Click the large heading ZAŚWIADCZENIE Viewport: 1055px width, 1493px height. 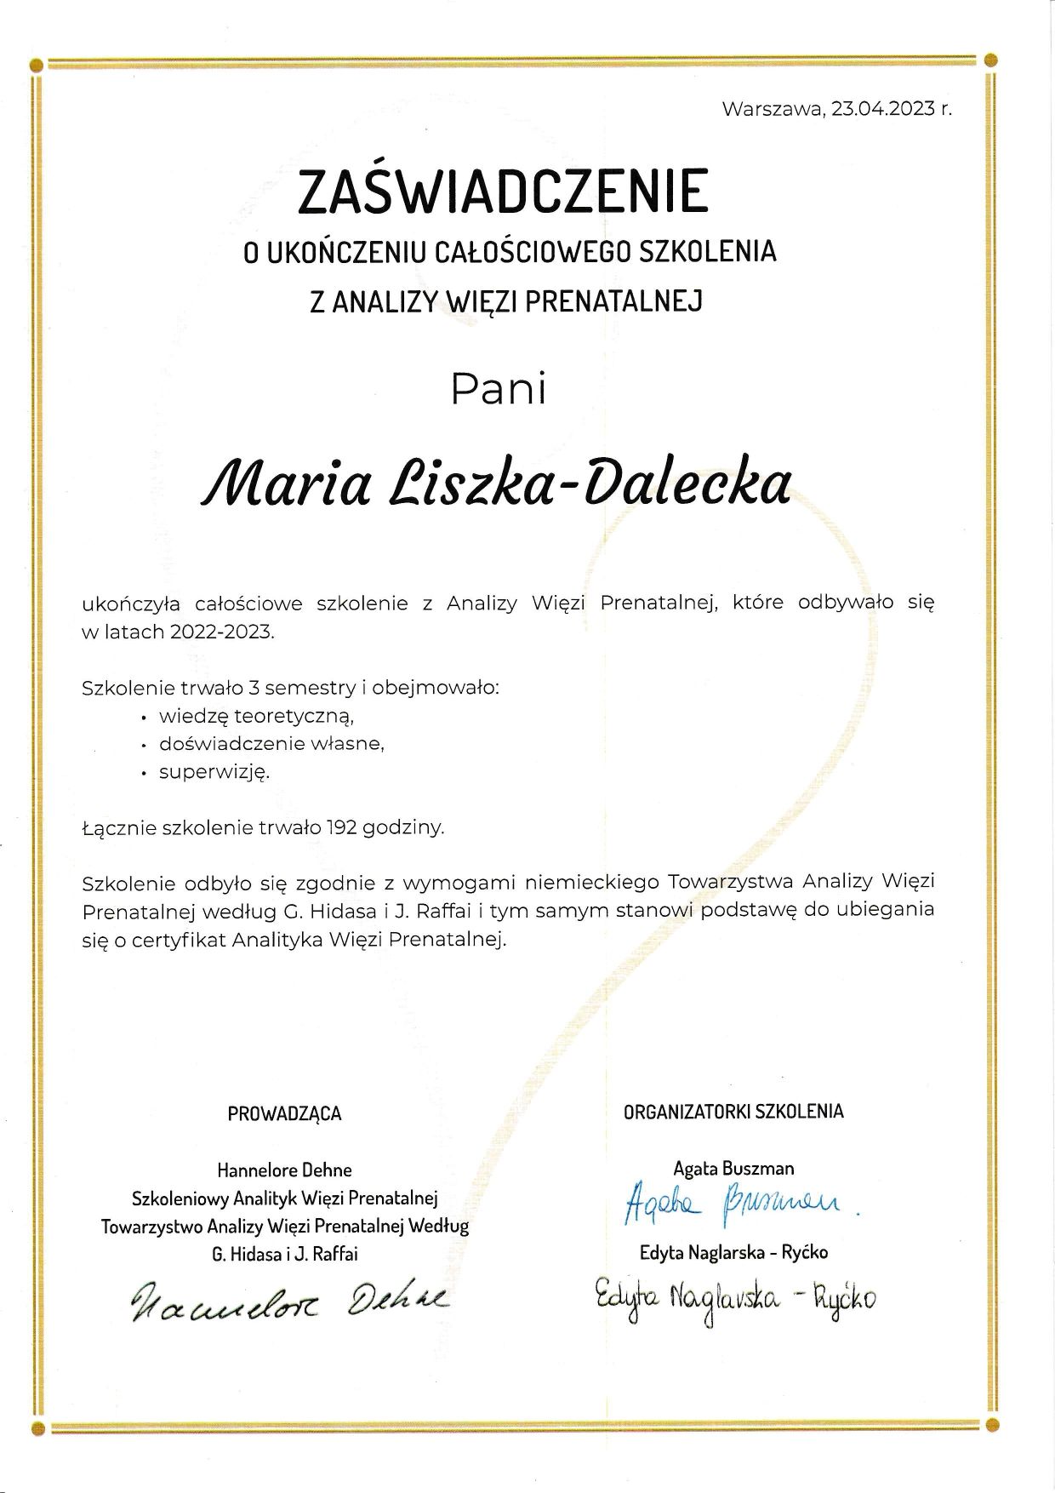pos(503,192)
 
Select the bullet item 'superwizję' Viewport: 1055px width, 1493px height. pos(214,772)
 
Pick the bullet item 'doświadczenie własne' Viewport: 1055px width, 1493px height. pos(271,743)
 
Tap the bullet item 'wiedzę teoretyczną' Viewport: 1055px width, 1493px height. pos(250,715)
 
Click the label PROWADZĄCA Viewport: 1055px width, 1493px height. pos(284,1113)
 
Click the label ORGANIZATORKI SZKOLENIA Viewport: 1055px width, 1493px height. pos(733,1111)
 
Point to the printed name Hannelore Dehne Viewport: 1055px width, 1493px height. pos(284,1170)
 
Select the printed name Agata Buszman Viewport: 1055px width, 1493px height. pos(733,1169)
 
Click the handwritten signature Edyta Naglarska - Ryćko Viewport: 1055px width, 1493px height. pos(735,1298)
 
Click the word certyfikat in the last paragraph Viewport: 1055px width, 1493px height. pos(176,940)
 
